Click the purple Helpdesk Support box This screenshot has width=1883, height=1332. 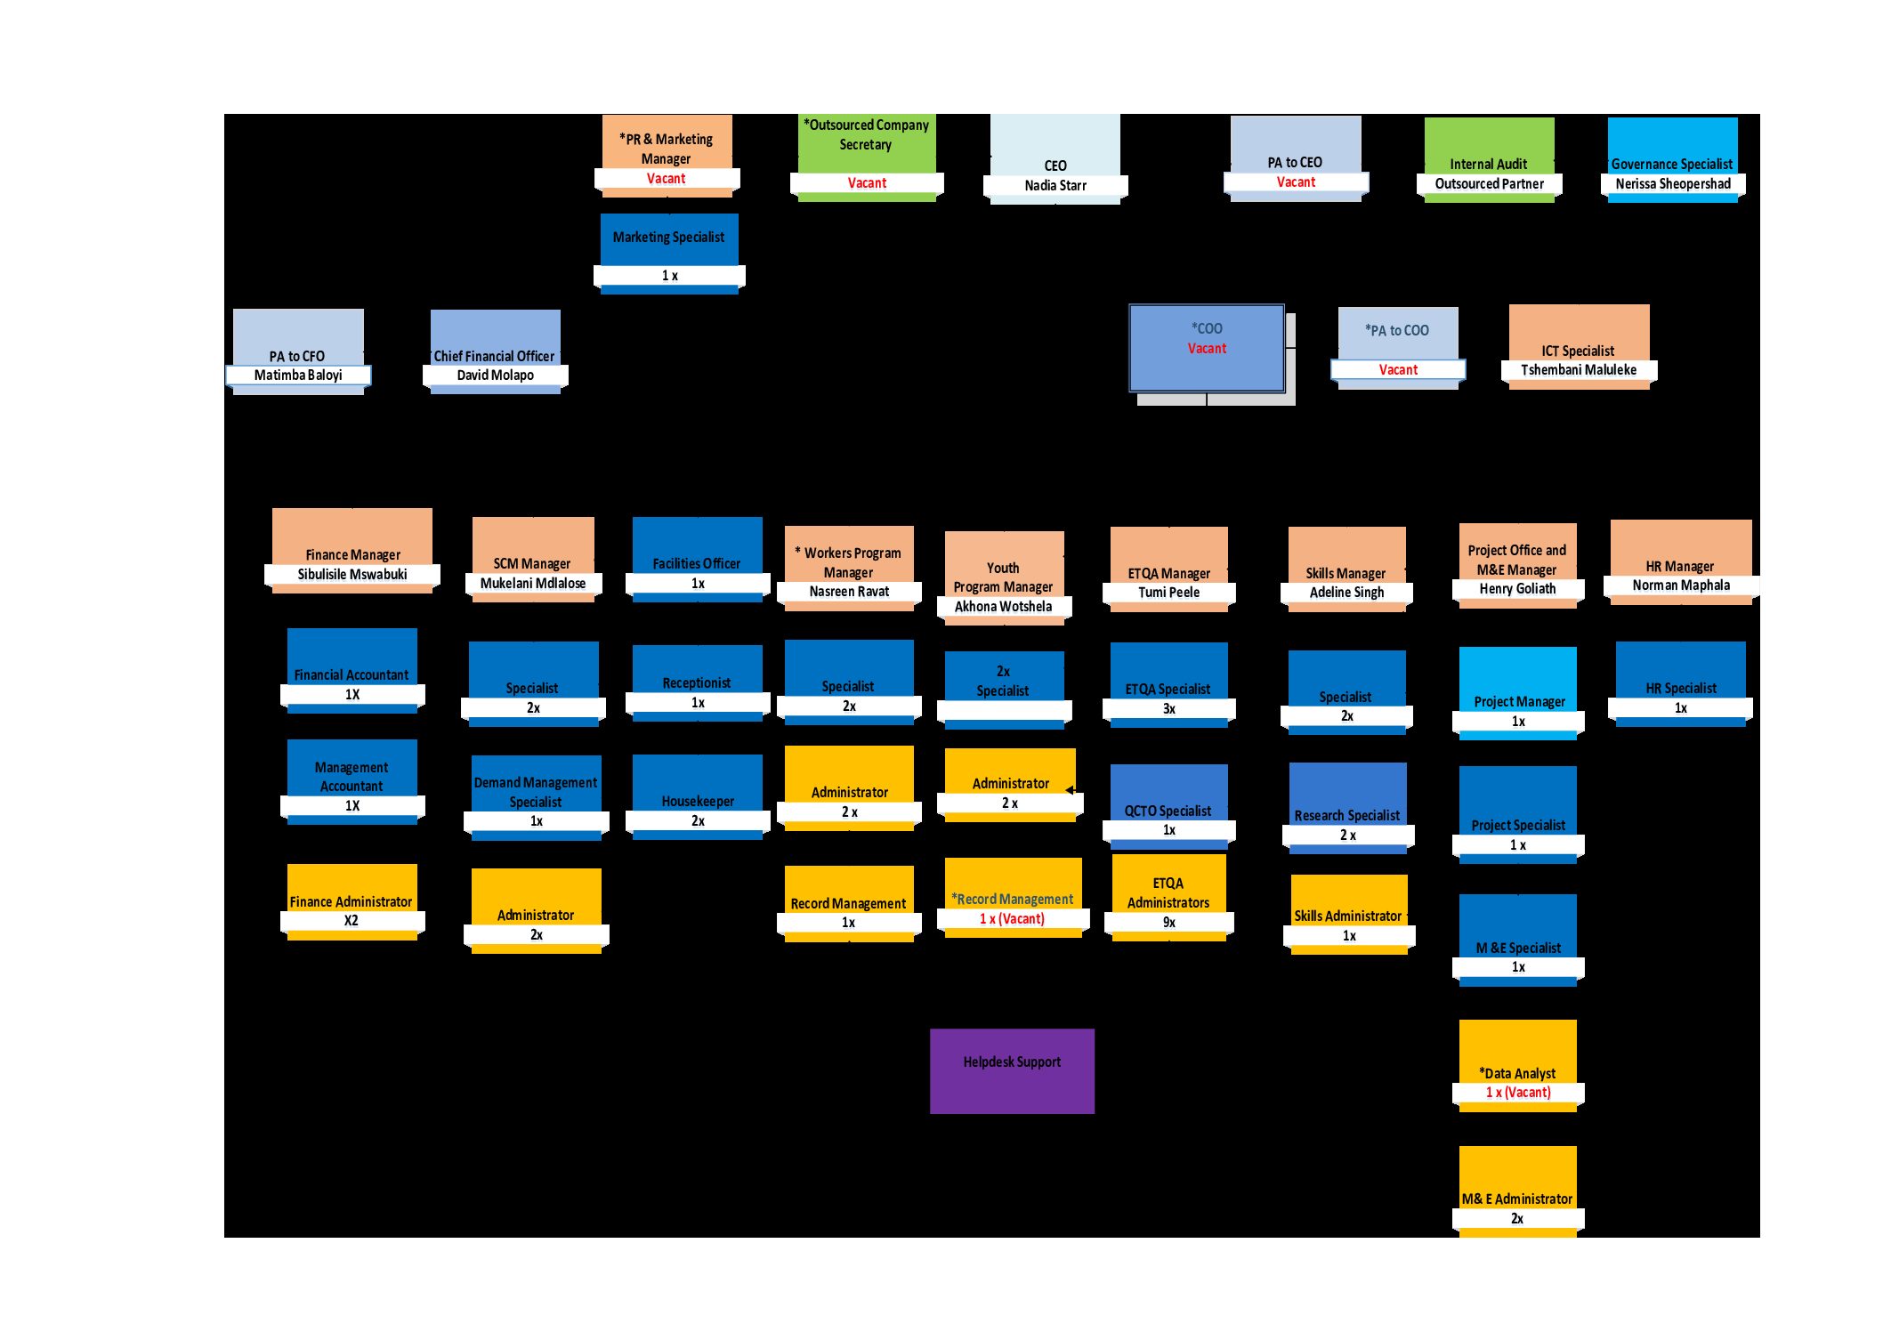coord(1012,1070)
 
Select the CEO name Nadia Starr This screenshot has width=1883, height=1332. coord(1055,185)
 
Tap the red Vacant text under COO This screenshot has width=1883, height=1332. coord(1207,348)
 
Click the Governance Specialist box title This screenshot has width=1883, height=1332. coord(1672,164)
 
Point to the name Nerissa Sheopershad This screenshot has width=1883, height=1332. coord(1673,183)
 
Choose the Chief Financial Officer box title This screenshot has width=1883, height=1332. coord(494,356)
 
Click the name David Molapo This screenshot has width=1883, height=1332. coord(496,375)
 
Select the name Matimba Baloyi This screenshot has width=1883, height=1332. coord(298,375)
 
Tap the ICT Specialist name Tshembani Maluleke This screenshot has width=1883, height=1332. coord(1579,369)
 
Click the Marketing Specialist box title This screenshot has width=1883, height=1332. coord(668,237)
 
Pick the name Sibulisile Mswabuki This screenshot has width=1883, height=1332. coord(352,574)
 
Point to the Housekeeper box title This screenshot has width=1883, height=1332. coord(698,801)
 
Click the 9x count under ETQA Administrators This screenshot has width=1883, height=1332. coord(1169,922)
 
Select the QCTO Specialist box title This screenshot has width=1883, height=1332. coord(1168,811)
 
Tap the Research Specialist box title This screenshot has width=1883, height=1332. coord(1347,815)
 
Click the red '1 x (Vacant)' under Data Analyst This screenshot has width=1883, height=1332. coord(1518,1092)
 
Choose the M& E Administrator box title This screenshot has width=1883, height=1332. coord(1517,1199)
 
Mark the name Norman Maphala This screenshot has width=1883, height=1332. coord(1681,585)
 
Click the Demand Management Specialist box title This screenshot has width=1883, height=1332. coord(536,792)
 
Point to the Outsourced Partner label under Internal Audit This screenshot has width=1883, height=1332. coord(1490,183)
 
